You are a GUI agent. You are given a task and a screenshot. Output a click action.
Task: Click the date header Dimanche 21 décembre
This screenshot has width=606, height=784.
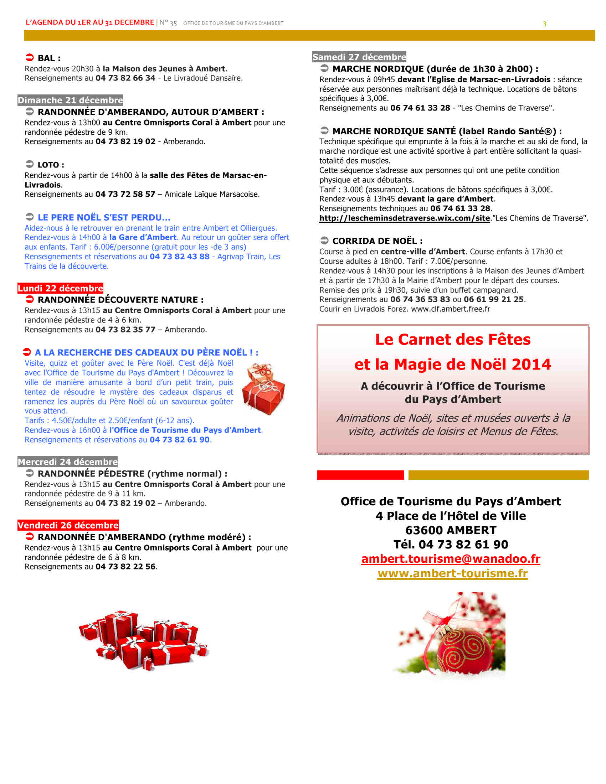point(70,100)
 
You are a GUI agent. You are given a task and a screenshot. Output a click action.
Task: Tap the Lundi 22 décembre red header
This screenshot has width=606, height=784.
point(60,288)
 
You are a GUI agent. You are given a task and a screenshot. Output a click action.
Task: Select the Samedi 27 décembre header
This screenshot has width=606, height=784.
point(359,57)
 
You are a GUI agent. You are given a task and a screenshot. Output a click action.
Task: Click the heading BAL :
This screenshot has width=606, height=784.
point(49,58)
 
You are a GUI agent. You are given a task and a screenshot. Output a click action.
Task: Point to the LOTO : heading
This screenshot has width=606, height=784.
point(51,165)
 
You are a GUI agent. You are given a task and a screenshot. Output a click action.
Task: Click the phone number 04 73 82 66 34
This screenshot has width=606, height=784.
point(125,78)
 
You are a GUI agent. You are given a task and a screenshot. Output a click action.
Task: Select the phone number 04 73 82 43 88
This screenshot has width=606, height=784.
point(180,256)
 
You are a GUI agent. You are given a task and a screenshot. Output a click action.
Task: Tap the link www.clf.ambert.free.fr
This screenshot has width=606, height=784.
point(450,309)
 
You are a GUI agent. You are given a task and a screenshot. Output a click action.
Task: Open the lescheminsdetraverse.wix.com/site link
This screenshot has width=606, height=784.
point(405,218)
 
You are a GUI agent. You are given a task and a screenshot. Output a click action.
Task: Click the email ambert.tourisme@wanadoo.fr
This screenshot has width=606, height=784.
point(451,558)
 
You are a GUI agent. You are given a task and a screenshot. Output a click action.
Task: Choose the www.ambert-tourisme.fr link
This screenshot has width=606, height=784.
point(452,573)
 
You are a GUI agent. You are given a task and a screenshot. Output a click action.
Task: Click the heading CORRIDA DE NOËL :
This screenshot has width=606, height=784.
point(377,241)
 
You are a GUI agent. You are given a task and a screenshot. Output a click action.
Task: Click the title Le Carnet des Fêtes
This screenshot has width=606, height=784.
point(453,339)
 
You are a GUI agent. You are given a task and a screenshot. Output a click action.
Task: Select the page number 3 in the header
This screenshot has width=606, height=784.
point(544,24)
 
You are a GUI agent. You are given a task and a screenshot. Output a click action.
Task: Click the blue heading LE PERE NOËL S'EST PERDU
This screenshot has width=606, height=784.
point(104,217)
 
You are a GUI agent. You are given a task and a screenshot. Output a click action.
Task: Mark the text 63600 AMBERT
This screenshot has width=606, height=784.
point(451,530)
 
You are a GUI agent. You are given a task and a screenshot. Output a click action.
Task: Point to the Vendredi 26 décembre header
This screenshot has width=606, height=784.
point(68,525)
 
